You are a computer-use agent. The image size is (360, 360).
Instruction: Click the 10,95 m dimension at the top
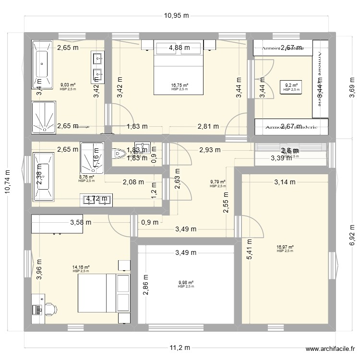click(x=177, y=15)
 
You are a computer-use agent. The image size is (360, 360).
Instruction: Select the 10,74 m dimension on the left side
click(x=8, y=183)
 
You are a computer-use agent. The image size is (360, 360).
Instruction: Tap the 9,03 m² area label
click(x=68, y=85)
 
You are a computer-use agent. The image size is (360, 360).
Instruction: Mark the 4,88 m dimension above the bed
click(x=179, y=48)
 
